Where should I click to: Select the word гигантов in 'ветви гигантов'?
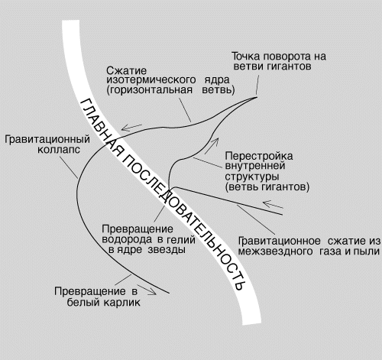point(290,66)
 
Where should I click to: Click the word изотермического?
point(151,80)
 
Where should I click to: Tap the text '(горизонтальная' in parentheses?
point(150,90)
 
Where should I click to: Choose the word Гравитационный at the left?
point(47,140)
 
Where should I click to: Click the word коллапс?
point(59,150)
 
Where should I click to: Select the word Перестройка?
point(259,156)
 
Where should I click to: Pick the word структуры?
point(252,177)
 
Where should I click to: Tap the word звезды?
point(167,250)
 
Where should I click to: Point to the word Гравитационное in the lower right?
point(280,241)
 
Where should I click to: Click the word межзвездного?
point(276,251)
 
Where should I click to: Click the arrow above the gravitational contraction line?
point(273,204)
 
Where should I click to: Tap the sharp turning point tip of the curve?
point(257,97)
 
